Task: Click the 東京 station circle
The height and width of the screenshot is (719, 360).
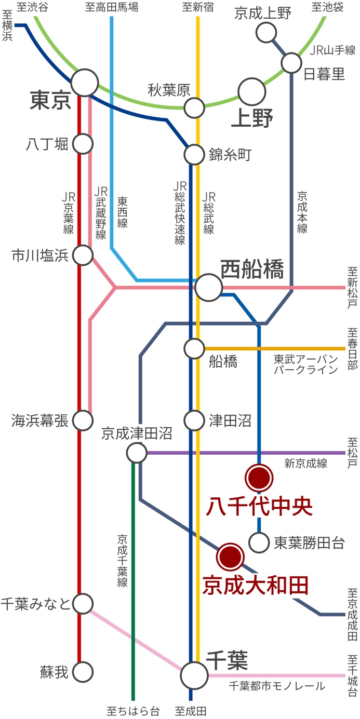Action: pyautogui.click(x=85, y=83)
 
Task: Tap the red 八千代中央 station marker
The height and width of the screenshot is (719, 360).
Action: pyautogui.click(x=259, y=478)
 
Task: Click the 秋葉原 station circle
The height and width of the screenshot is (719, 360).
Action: pyautogui.click(x=194, y=108)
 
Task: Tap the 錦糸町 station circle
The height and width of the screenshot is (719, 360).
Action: pyautogui.click(x=194, y=154)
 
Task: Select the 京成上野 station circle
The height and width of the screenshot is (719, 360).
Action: pyautogui.click(x=266, y=33)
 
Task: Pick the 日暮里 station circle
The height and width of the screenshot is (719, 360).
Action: pyautogui.click(x=291, y=63)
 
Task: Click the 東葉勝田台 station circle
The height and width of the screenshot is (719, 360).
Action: pyautogui.click(x=259, y=543)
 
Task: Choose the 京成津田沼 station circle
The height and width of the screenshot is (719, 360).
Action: pyautogui.click(x=137, y=453)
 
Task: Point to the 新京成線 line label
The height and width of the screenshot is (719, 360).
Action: pyautogui.click(x=305, y=464)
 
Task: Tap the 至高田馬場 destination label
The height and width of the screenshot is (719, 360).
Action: pyautogui.click(x=112, y=7)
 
